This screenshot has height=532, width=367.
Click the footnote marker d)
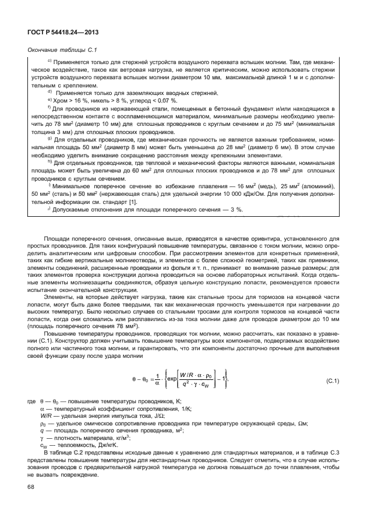(x=50, y=92)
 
